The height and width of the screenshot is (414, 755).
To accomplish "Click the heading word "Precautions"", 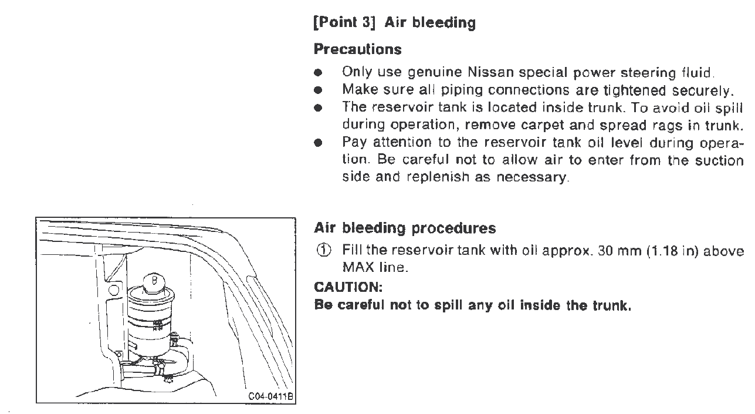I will [x=358, y=49].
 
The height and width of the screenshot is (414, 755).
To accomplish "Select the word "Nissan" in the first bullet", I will [x=488, y=73].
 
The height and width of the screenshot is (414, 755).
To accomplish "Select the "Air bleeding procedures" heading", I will [x=405, y=228].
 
